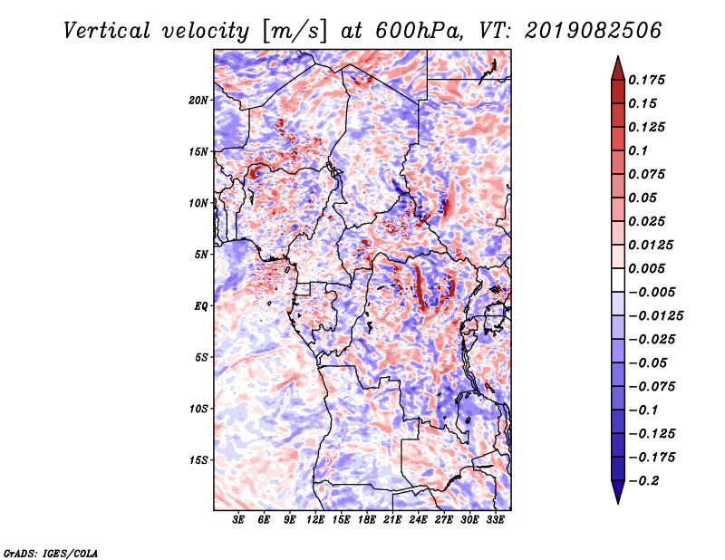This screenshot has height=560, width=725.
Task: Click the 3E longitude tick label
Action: [x=239, y=520]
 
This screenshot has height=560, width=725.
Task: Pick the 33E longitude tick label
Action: [x=495, y=520]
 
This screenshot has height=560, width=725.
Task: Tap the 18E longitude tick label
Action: [x=367, y=520]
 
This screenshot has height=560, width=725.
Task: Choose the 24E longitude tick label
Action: [x=418, y=520]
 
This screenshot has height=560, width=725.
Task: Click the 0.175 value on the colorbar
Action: [x=649, y=80]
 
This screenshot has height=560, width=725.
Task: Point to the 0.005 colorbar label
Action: [x=649, y=268]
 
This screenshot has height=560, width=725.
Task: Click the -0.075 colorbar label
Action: [x=652, y=386]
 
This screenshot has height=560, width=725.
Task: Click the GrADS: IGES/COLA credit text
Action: [x=50, y=551]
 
